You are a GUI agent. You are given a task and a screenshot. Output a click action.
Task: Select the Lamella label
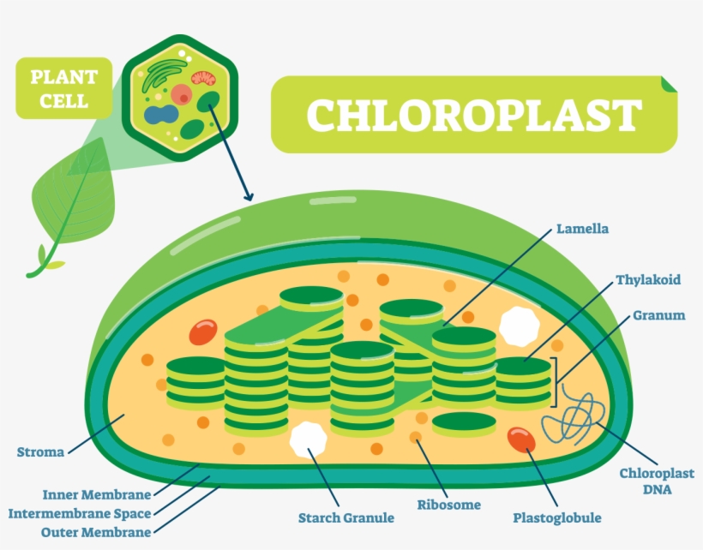[x=581, y=230]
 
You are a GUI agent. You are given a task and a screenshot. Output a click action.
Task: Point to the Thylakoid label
[x=648, y=280]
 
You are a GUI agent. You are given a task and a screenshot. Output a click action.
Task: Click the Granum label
[x=659, y=315]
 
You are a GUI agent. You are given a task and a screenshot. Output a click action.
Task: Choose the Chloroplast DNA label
[x=646, y=481]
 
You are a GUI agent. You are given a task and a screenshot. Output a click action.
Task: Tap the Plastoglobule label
[x=556, y=517]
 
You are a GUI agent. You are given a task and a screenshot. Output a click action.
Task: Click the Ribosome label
[x=449, y=505]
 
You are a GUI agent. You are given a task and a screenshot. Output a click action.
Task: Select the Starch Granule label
[x=346, y=517]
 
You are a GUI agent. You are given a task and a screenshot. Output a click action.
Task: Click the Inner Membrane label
[x=97, y=494]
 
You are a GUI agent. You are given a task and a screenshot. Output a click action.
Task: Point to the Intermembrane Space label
[x=80, y=514]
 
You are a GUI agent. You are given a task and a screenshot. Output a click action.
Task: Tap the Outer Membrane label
[x=96, y=533]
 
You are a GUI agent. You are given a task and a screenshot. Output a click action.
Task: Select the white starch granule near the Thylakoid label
[x=520, y=323]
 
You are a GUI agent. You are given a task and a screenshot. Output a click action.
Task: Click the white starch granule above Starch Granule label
[x=308, y=439]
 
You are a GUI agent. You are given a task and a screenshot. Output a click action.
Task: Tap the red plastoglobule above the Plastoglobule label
[x=521, y=439]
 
